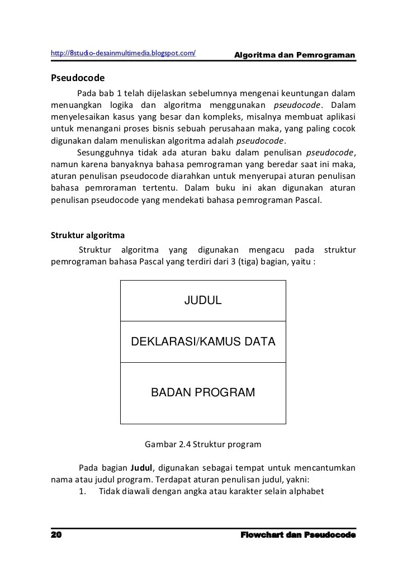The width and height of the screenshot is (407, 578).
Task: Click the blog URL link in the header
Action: click(123, 53)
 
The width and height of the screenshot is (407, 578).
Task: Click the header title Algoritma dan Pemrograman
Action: click(295, 55)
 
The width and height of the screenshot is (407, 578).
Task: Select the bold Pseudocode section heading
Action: click(78, 78)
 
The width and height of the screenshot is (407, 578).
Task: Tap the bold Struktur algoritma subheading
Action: click(88, 235)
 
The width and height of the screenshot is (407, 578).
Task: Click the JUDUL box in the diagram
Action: click(203, 301)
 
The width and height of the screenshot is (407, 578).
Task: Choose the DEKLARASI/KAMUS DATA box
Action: click(203, 342)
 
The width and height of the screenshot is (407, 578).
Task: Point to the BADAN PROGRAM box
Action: click(203, 392)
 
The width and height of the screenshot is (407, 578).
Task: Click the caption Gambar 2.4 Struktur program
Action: click(203, 445)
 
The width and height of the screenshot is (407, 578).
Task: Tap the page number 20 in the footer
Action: click(56, 535)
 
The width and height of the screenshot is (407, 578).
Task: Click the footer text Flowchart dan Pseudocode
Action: click(298, 535)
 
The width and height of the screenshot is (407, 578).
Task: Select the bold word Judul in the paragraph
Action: click(141, 467)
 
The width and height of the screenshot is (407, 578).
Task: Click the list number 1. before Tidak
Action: click(82, 491)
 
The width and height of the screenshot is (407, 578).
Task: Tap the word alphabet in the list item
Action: click(306, 491)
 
